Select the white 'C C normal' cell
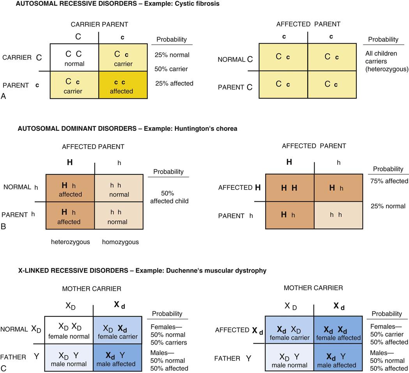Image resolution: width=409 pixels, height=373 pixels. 73,58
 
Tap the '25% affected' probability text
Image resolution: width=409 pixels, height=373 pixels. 174,83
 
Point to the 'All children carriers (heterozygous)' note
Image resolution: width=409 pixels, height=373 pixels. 387,61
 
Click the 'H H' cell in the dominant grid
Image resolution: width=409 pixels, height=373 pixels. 289,188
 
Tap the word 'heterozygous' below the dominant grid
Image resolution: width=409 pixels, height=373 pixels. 71,242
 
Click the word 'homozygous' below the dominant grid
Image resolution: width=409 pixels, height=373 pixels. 120,242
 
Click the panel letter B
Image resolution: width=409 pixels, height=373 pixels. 4,225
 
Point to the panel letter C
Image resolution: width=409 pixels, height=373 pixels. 4,367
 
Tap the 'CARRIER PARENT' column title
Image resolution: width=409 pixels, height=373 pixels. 99,24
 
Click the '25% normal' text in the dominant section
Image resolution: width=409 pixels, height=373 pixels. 388,206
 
